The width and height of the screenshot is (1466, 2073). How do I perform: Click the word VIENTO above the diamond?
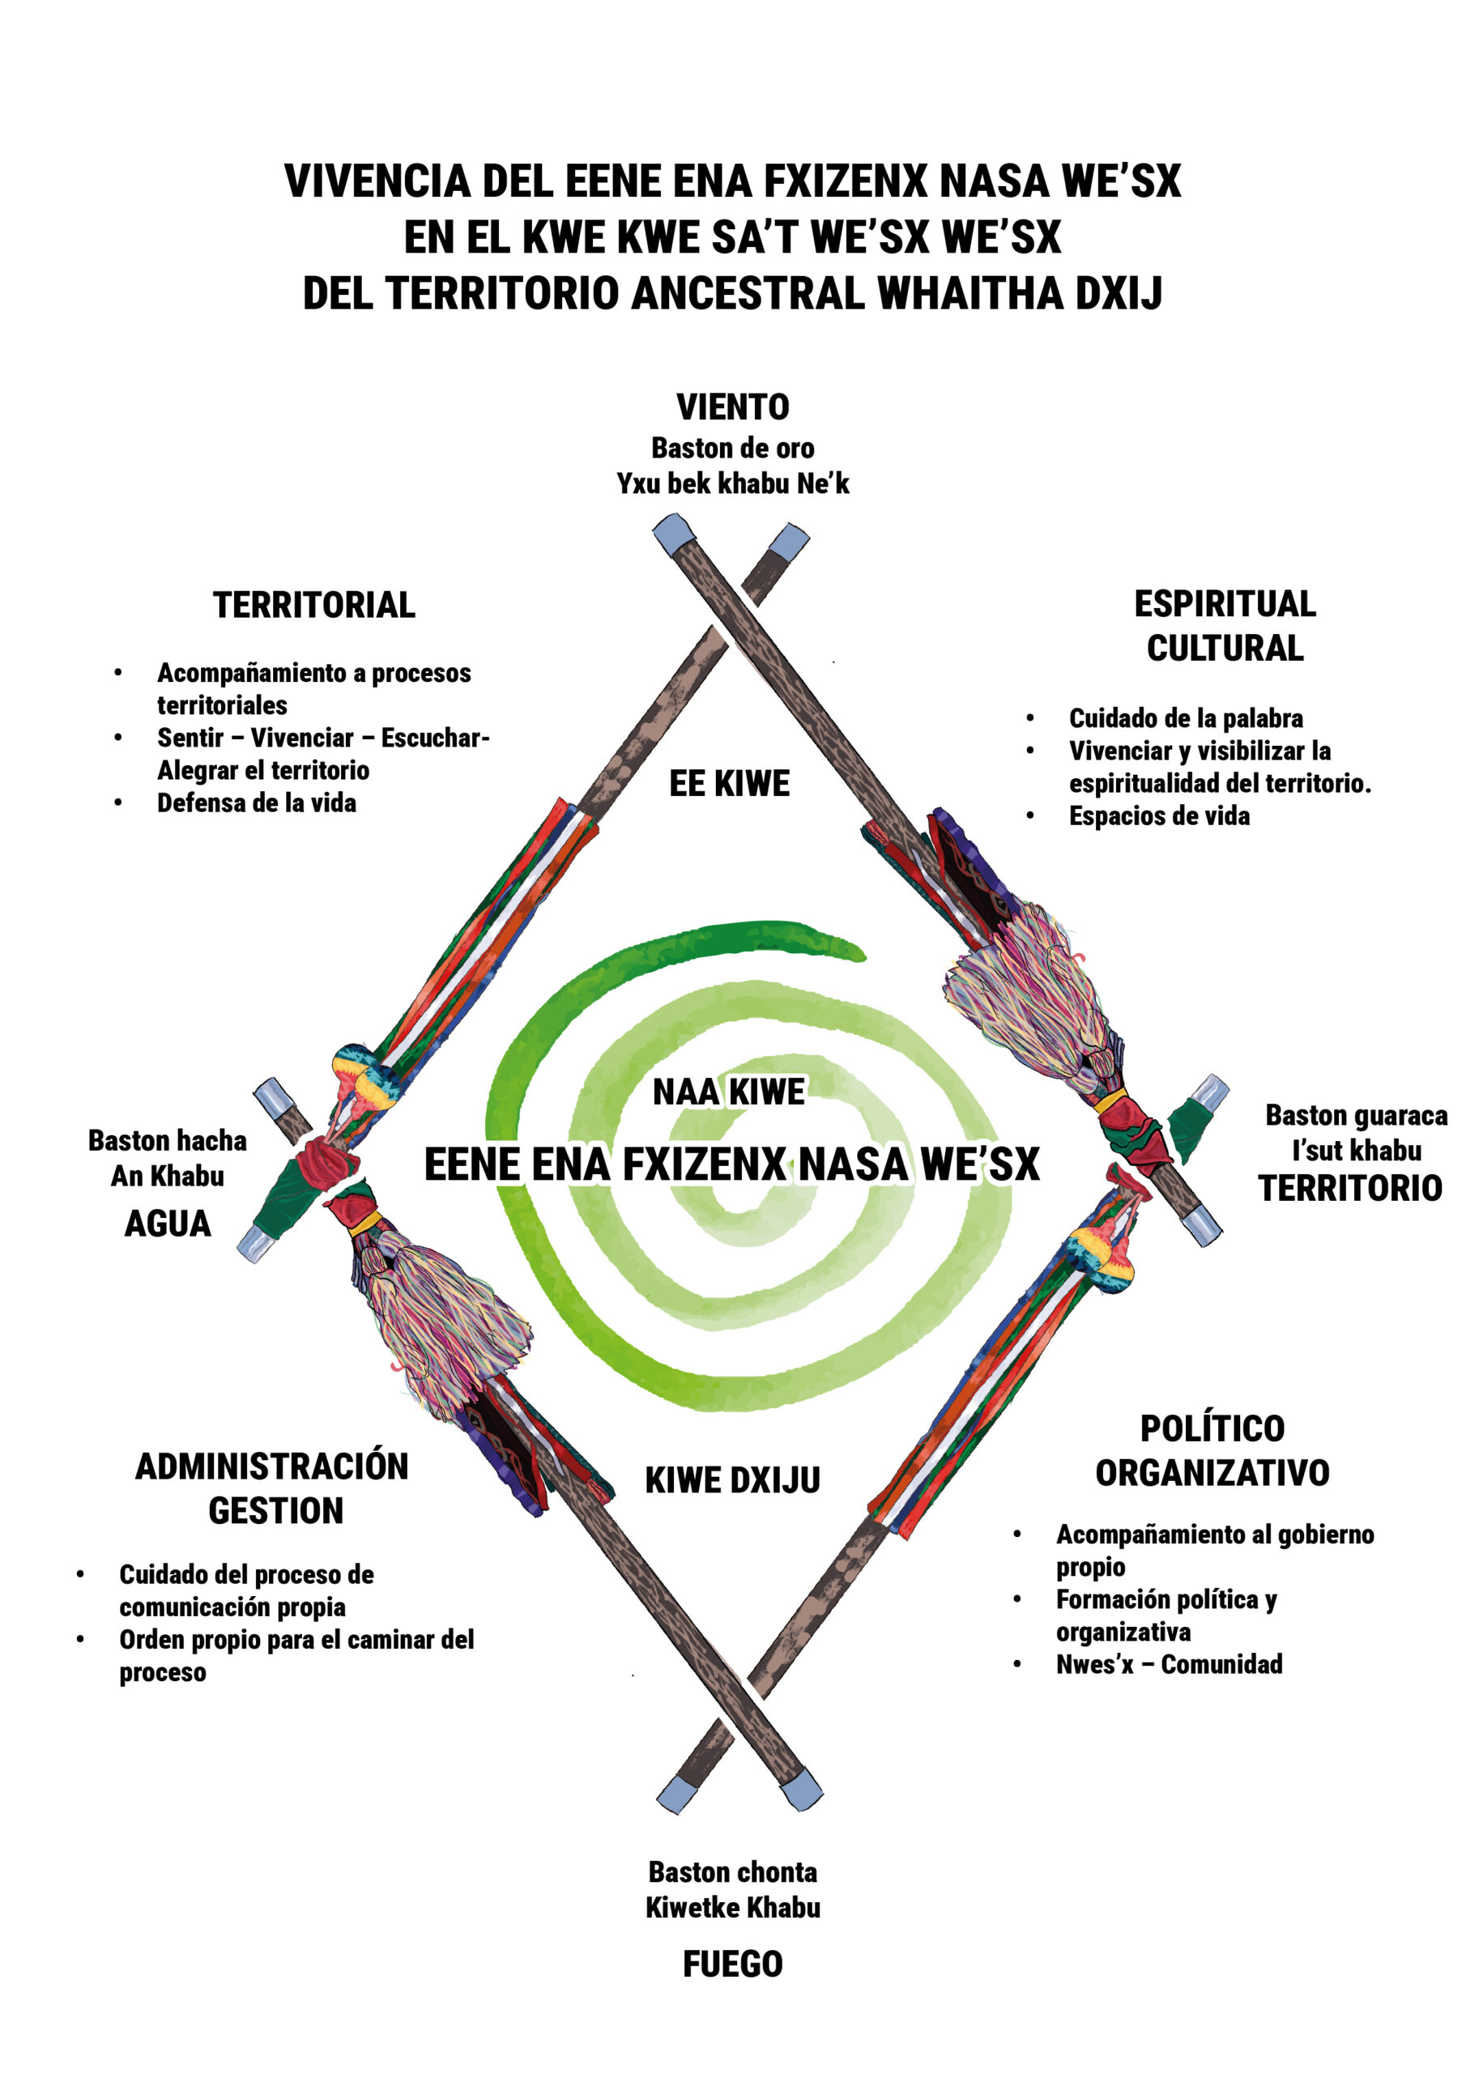coord(732,407)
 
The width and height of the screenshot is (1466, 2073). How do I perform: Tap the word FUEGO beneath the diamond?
coord(732,1963)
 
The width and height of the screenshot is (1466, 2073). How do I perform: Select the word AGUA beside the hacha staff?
coord(168,1224)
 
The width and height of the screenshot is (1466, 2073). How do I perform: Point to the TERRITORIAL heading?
coord(314,605)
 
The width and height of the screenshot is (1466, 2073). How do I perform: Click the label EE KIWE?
coord(730,784)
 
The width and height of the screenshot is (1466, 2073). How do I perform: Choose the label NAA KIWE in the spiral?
coord(729,1092)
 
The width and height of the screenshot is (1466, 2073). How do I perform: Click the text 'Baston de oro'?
coord(732,448)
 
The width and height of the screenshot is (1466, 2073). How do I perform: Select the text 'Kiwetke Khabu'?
coord(732,1908)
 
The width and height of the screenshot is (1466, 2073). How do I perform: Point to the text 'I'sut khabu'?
coord(1356,1150)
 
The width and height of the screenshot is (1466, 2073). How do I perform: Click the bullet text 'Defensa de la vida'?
coord(257,802)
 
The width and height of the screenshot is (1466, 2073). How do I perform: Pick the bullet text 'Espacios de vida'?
coord(1159,815)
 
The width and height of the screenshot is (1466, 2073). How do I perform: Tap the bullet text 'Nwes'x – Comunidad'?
coord(1169,1663)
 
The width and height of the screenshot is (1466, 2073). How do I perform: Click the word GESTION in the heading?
coord(276,1510)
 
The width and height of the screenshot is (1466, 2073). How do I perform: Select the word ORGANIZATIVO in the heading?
coord(1212,1473)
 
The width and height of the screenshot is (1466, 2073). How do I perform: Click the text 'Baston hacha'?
coord(167,1140)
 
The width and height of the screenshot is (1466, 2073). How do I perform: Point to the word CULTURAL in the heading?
coord(1225,649)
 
